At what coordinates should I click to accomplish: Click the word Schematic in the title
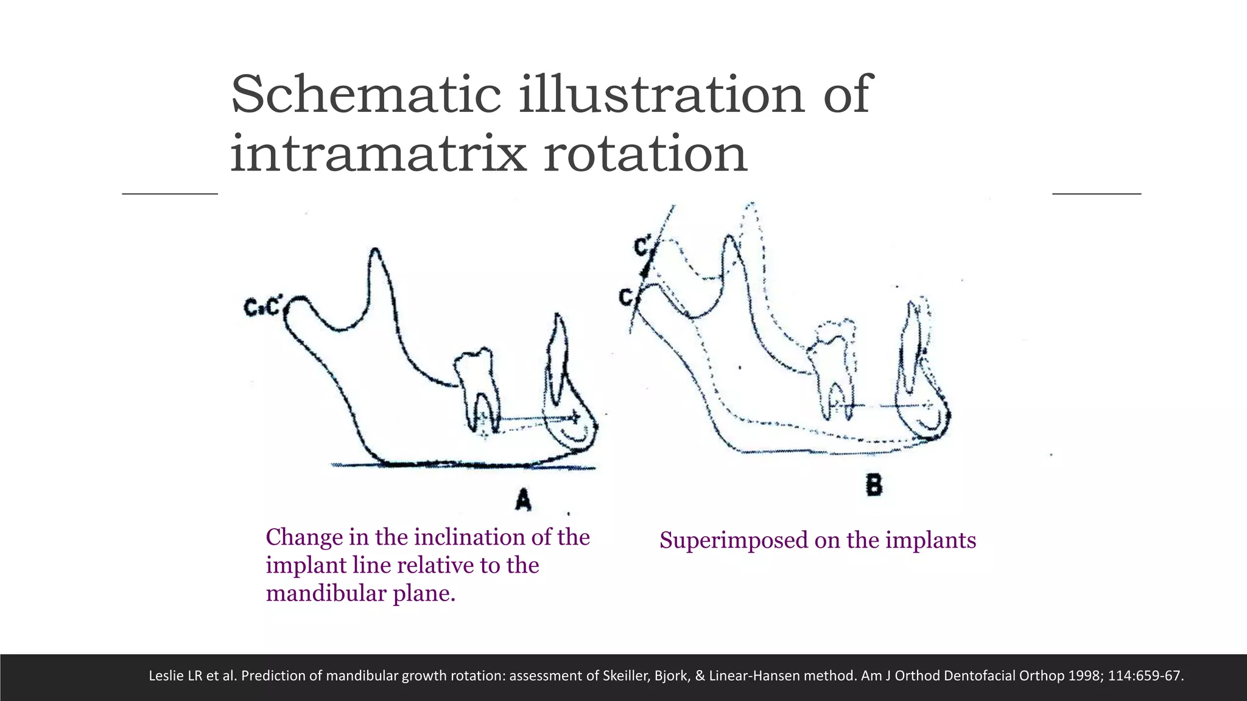[x=365, y=95]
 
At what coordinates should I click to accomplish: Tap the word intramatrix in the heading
[x=378, y=153]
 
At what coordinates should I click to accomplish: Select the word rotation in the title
[x=645, y=153]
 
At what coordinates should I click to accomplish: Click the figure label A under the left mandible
[x=523, y=500]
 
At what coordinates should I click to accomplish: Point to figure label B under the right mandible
[x=874, y=486]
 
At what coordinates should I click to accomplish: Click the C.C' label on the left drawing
[x=262, y=307]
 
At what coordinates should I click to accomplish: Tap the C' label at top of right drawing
[x=643, y=247]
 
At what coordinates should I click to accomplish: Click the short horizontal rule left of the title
[x=170, y=194]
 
